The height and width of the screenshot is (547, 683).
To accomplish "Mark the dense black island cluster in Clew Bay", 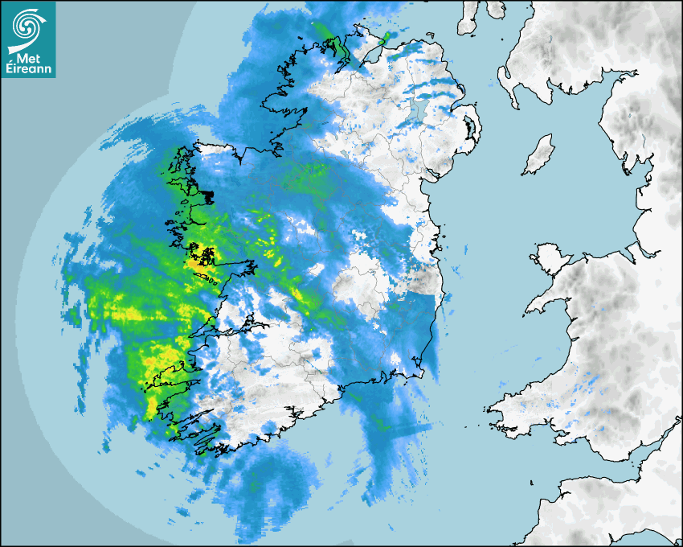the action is (208, 195).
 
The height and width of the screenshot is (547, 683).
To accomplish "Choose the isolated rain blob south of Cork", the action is (270, 483).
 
